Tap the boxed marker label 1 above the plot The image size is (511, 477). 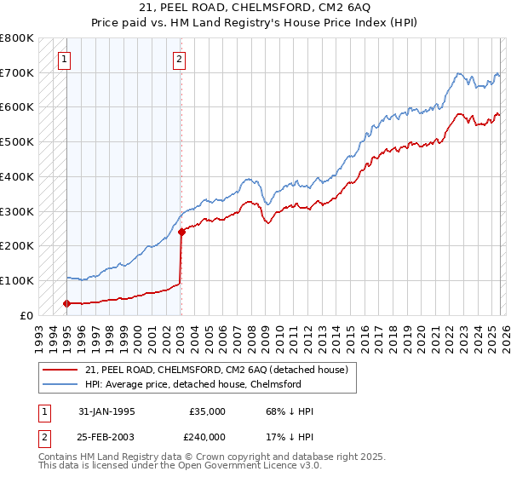click(66, 60)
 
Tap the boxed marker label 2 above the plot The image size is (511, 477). click(180, 60)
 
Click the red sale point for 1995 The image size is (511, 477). click(67, 302)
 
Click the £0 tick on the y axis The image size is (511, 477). click(26, 315)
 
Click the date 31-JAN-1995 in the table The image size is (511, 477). click(106, 411)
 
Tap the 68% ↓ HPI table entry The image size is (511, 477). click(290, 411)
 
